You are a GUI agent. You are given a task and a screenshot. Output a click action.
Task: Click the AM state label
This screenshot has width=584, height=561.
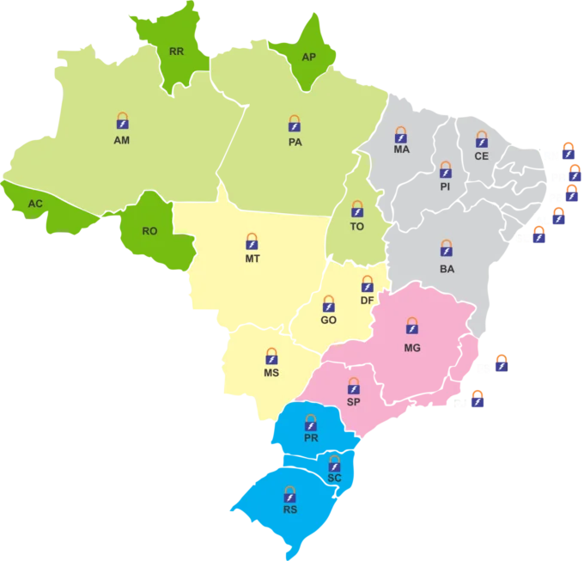coord(121,140)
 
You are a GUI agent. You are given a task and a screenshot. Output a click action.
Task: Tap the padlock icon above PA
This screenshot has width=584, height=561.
coord(295,124)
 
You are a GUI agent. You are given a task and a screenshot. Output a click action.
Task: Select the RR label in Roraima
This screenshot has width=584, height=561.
coord(176,52)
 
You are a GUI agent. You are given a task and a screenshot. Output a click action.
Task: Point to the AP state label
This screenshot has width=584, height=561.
coord(309,58)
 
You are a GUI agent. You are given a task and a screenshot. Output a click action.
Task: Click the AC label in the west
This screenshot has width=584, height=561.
coord(35,204)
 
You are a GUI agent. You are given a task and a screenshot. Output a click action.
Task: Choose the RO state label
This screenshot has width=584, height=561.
coord(149,231)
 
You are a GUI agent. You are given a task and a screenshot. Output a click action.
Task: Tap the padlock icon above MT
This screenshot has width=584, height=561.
coord(252,241)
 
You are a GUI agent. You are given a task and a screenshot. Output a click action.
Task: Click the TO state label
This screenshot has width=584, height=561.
coord(357,227)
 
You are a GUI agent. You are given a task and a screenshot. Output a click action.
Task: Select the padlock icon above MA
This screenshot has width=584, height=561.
coord(400,135)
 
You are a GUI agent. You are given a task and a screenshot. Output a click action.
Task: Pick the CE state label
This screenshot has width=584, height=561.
coord(481,156)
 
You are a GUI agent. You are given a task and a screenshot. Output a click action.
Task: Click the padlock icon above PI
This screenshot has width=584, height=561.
coord(445,169)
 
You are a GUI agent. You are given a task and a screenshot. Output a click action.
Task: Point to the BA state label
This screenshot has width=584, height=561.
coord(447,269)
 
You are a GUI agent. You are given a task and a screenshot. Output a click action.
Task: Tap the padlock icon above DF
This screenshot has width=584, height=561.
coord(367,284)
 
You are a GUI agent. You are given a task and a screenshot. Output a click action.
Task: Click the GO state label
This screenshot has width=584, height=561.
coord(328,320)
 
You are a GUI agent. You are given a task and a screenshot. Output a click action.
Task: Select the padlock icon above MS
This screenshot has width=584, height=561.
coord(271,356)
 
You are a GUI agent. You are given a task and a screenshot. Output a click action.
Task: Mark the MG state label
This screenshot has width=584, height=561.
coord(412,348)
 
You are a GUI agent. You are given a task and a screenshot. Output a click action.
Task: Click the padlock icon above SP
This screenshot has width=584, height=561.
coord(353,386)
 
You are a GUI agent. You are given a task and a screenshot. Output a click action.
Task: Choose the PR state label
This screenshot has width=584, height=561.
coord(311,438)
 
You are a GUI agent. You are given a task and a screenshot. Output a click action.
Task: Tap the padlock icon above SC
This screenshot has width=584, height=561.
coord(335,464)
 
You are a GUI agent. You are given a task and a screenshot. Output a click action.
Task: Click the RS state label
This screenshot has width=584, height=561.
coord(290,509)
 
